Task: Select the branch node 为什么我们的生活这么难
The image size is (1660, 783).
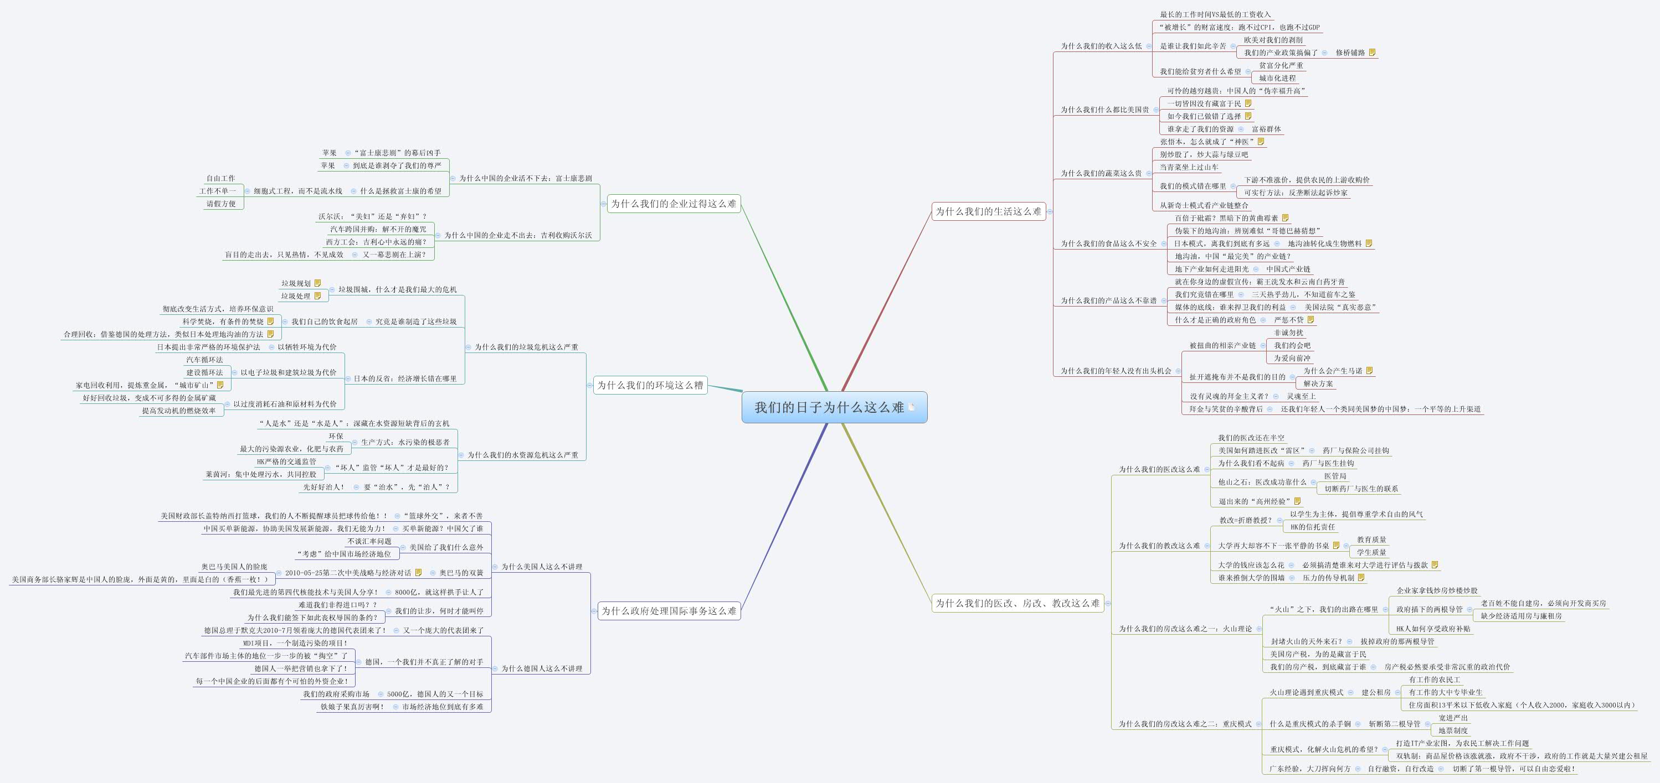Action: [x=988, y=211]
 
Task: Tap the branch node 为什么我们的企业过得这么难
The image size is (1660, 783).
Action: [x=674, y=204]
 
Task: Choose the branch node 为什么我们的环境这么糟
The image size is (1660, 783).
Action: [x=650, y=385]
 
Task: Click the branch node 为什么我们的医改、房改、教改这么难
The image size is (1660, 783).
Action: [x=1017, y=603]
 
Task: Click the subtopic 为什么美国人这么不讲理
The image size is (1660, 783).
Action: [x=541, y=567]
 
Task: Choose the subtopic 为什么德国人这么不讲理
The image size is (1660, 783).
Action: [x=541, y=668]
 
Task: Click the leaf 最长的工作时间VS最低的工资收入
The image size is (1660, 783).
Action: [x=1215, y=15]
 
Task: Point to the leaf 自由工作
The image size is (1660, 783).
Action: [x=220, y=178]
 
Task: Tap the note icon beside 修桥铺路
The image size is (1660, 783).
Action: [x=1372, y=53]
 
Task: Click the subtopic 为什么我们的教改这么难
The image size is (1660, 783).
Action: [x=1159, y=546]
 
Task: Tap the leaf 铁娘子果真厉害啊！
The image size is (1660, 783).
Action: [x=352, y=707]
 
